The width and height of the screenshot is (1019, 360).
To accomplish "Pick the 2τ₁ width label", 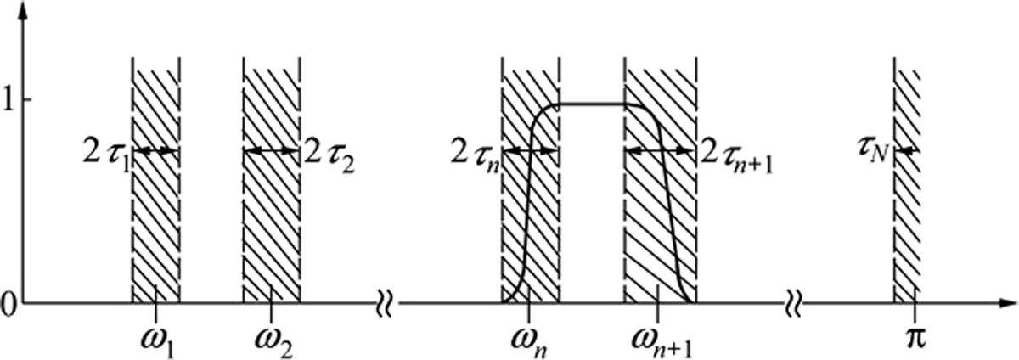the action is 106,152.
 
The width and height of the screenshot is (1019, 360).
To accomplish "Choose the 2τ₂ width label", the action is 329,152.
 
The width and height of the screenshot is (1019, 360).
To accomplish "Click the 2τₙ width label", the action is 475,152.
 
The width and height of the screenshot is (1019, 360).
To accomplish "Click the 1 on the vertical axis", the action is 8,101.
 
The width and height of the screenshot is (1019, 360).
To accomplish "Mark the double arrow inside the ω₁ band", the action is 155,151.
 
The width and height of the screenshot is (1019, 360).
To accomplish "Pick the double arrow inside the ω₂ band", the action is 271,151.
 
